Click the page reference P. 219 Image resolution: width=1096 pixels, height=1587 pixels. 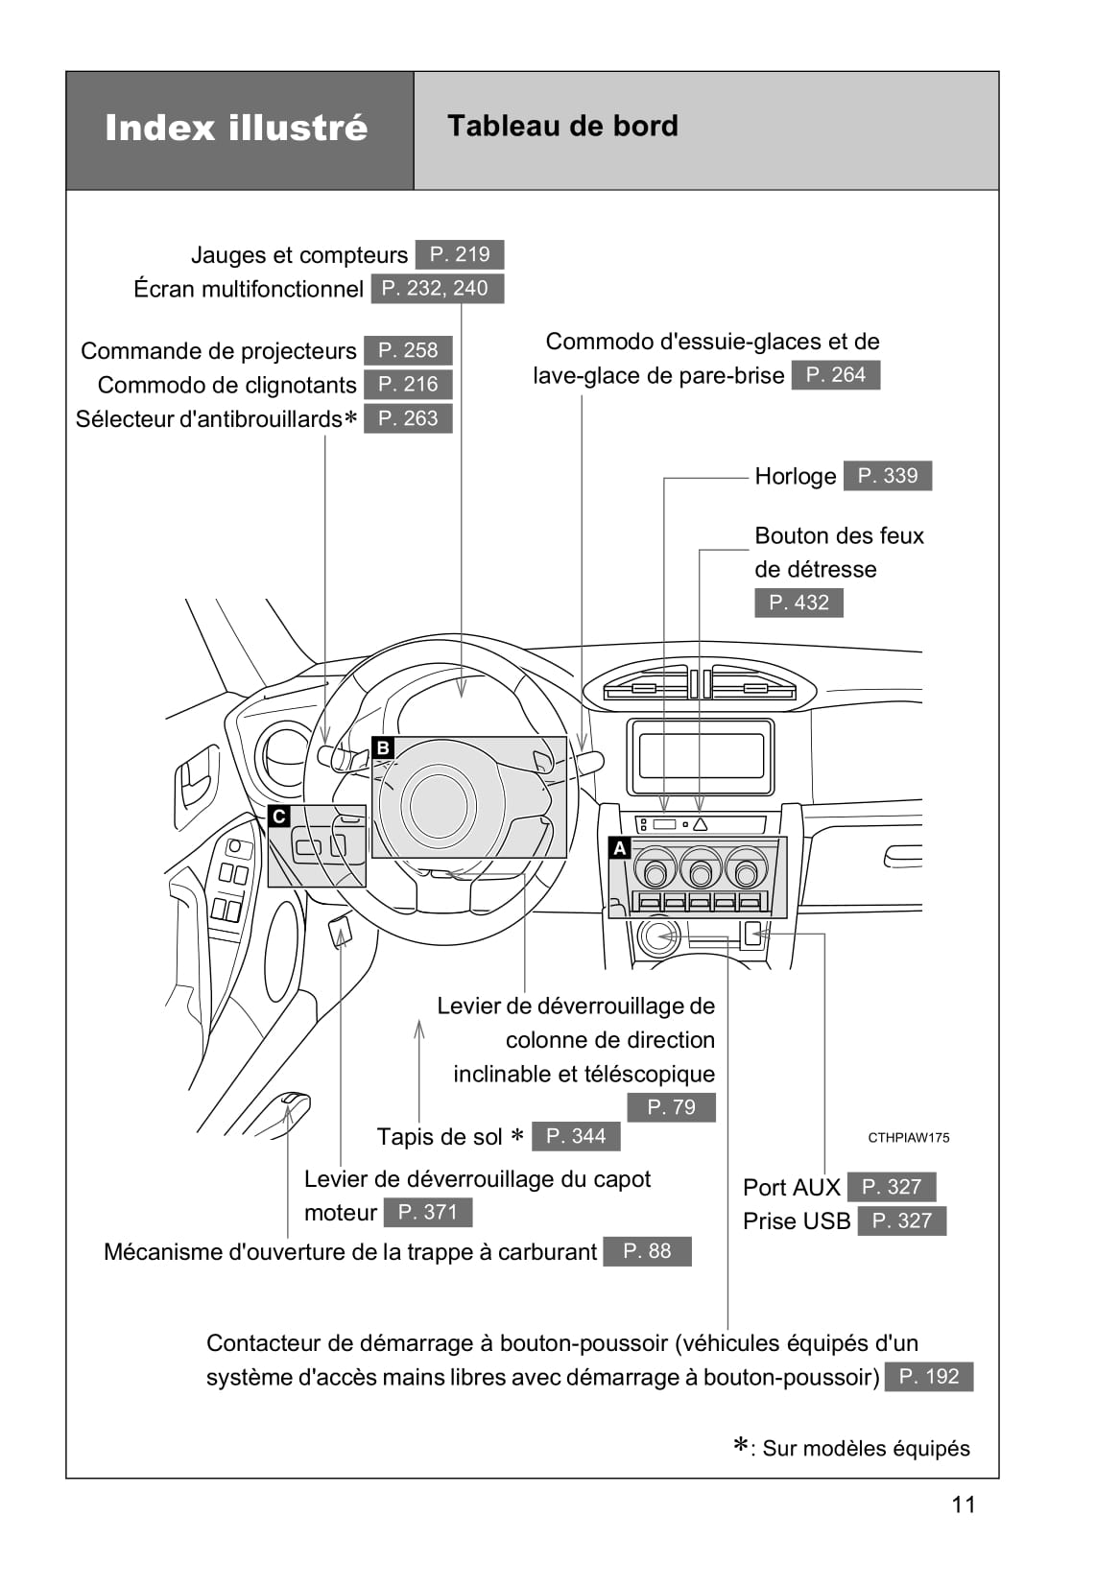pos(459,254)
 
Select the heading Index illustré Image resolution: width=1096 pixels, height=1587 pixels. pos(236,128)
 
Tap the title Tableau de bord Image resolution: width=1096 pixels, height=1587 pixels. pos(562,126)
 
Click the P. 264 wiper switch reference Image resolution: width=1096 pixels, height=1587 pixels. pos(835,374)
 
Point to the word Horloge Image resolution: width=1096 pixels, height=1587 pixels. pos(795,476)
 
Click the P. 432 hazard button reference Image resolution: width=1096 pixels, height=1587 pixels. pos(798,603)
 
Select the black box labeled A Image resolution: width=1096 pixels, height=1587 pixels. pos(620,848)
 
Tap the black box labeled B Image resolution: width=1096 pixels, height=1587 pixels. pos(383,747)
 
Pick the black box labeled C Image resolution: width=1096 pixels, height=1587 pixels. pos(279,817)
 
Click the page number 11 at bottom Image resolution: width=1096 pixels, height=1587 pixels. pos(963,1504)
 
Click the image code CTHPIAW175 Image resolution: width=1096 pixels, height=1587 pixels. pos(908,1138)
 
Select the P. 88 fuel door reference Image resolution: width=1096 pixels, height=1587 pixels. pos(647,1251)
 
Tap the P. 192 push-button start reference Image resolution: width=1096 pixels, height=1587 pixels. pos(928,1376)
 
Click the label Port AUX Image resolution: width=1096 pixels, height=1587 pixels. pos(791,1187)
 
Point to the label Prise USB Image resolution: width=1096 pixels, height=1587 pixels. pos(796,1220)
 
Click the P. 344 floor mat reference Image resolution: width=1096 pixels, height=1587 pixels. pos(576,1136)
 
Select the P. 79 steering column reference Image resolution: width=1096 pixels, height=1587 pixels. pos(671,1107)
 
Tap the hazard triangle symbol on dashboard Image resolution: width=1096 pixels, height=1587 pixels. pos(700,824)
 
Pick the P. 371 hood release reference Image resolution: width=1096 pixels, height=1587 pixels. pos(427,1212)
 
